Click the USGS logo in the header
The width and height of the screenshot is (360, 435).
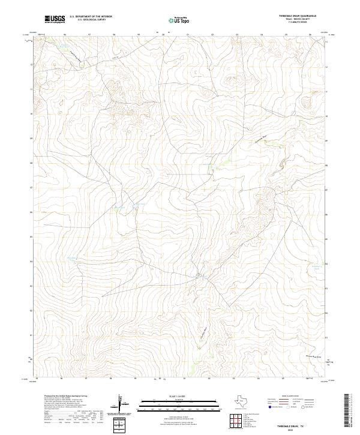click(55, 20)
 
